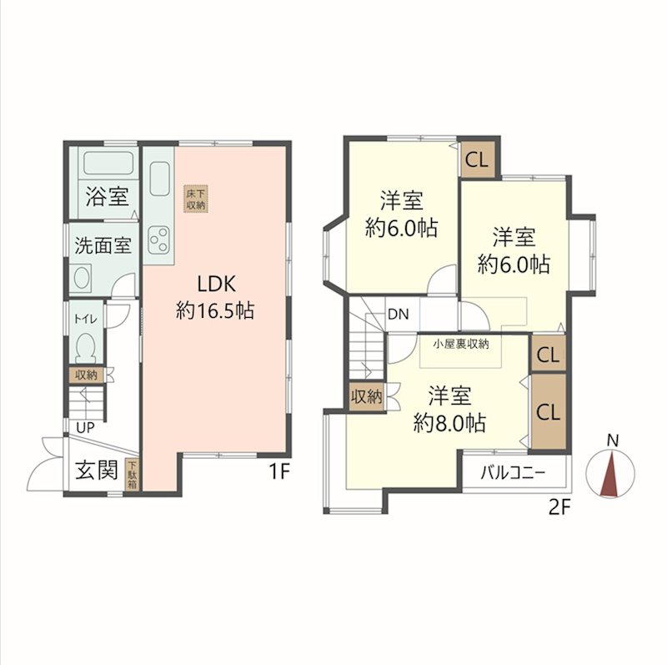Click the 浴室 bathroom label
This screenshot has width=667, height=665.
[108, 197]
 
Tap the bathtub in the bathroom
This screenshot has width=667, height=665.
[109, 163]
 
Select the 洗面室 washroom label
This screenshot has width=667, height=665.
[103, 245]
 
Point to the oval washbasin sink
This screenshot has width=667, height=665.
[83, 278]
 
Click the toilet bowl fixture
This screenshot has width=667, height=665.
[87, 348]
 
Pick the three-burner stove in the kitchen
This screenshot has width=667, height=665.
[158, 240]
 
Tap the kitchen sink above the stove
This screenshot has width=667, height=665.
[159, 179]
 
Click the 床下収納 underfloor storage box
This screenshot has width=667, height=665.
[196, 199]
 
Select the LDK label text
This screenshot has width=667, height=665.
[216, 284]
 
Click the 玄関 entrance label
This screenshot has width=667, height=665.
[97, 471]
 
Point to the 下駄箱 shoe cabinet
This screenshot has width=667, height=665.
[133, 474]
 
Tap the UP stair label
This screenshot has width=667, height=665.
[85, 428]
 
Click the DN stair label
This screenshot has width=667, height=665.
[399, 315]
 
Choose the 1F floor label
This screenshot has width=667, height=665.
[279, 471]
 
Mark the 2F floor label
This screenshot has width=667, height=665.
[559, 507]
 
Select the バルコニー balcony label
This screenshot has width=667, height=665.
[513, 473]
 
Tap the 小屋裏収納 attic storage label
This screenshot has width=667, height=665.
[461, 345]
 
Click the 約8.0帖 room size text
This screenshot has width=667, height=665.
[449, 423]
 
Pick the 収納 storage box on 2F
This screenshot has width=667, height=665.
[366, 397]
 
